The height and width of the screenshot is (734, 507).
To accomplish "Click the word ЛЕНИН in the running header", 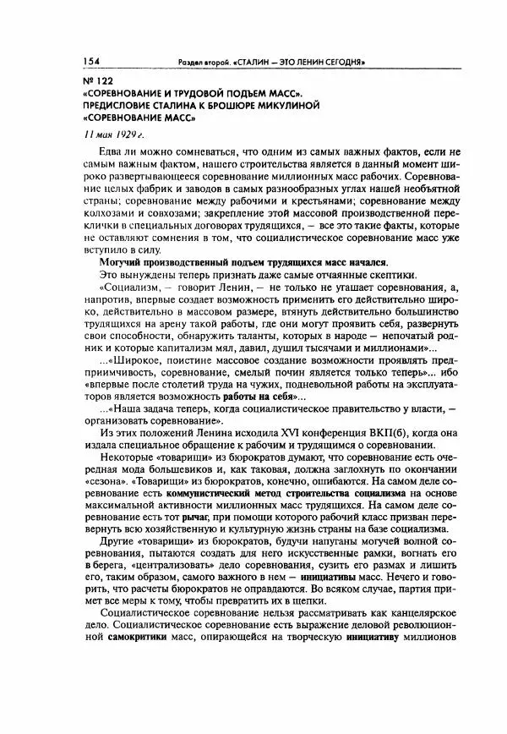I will tap(308, 63).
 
